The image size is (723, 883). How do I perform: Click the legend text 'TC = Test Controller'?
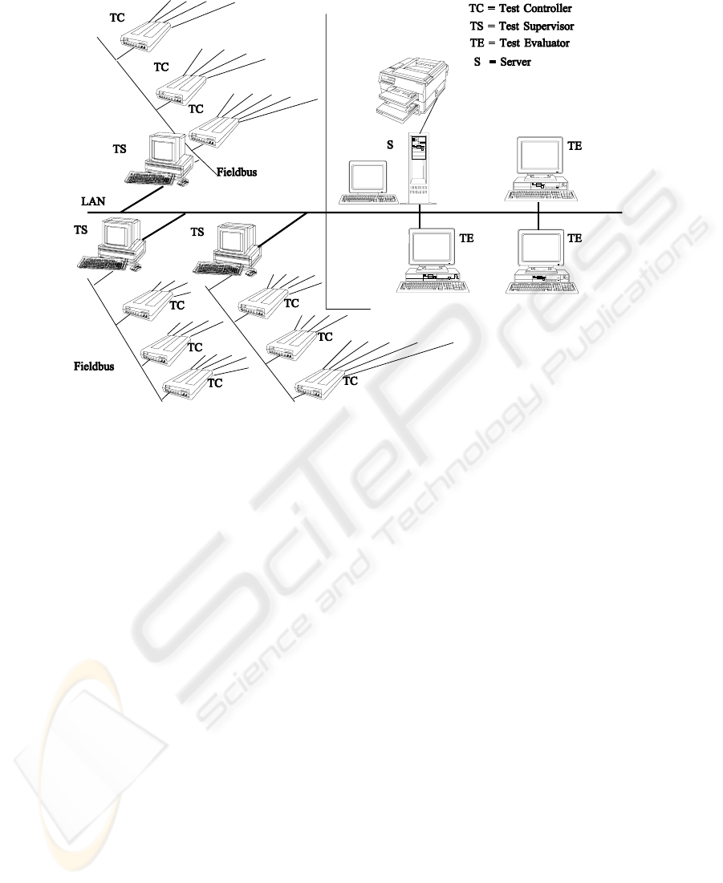pos(521,10)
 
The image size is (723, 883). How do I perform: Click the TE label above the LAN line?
pos(575,147)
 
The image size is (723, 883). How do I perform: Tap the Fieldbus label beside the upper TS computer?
pos(237,171)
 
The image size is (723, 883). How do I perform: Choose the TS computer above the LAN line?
pos(165,157)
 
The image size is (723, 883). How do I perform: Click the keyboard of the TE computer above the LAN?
pos(537,195)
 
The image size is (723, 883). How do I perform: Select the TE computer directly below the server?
pos(431,260)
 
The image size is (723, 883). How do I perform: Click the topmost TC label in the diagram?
pos(117,16)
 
